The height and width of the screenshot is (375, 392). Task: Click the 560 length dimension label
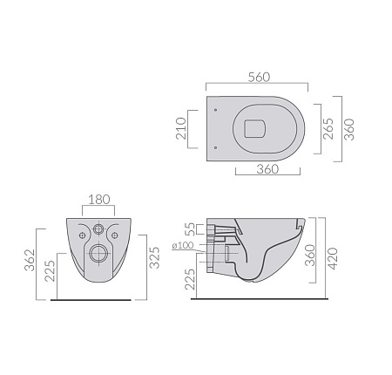[259, 77]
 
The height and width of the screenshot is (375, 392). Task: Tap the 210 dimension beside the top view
[181, 128]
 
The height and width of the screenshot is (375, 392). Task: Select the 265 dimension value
[328, 129]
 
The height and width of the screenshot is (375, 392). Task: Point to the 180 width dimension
[99, 200]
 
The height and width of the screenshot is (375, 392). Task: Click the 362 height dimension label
[30, 260]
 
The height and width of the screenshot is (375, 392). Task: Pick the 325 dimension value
[154, 257]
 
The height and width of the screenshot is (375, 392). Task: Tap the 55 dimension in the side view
[190, 229]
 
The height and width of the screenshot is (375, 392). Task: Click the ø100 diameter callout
[183, 245]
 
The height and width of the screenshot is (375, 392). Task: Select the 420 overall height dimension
[332, 258]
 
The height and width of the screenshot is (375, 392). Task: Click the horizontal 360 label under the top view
[267, 169]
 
